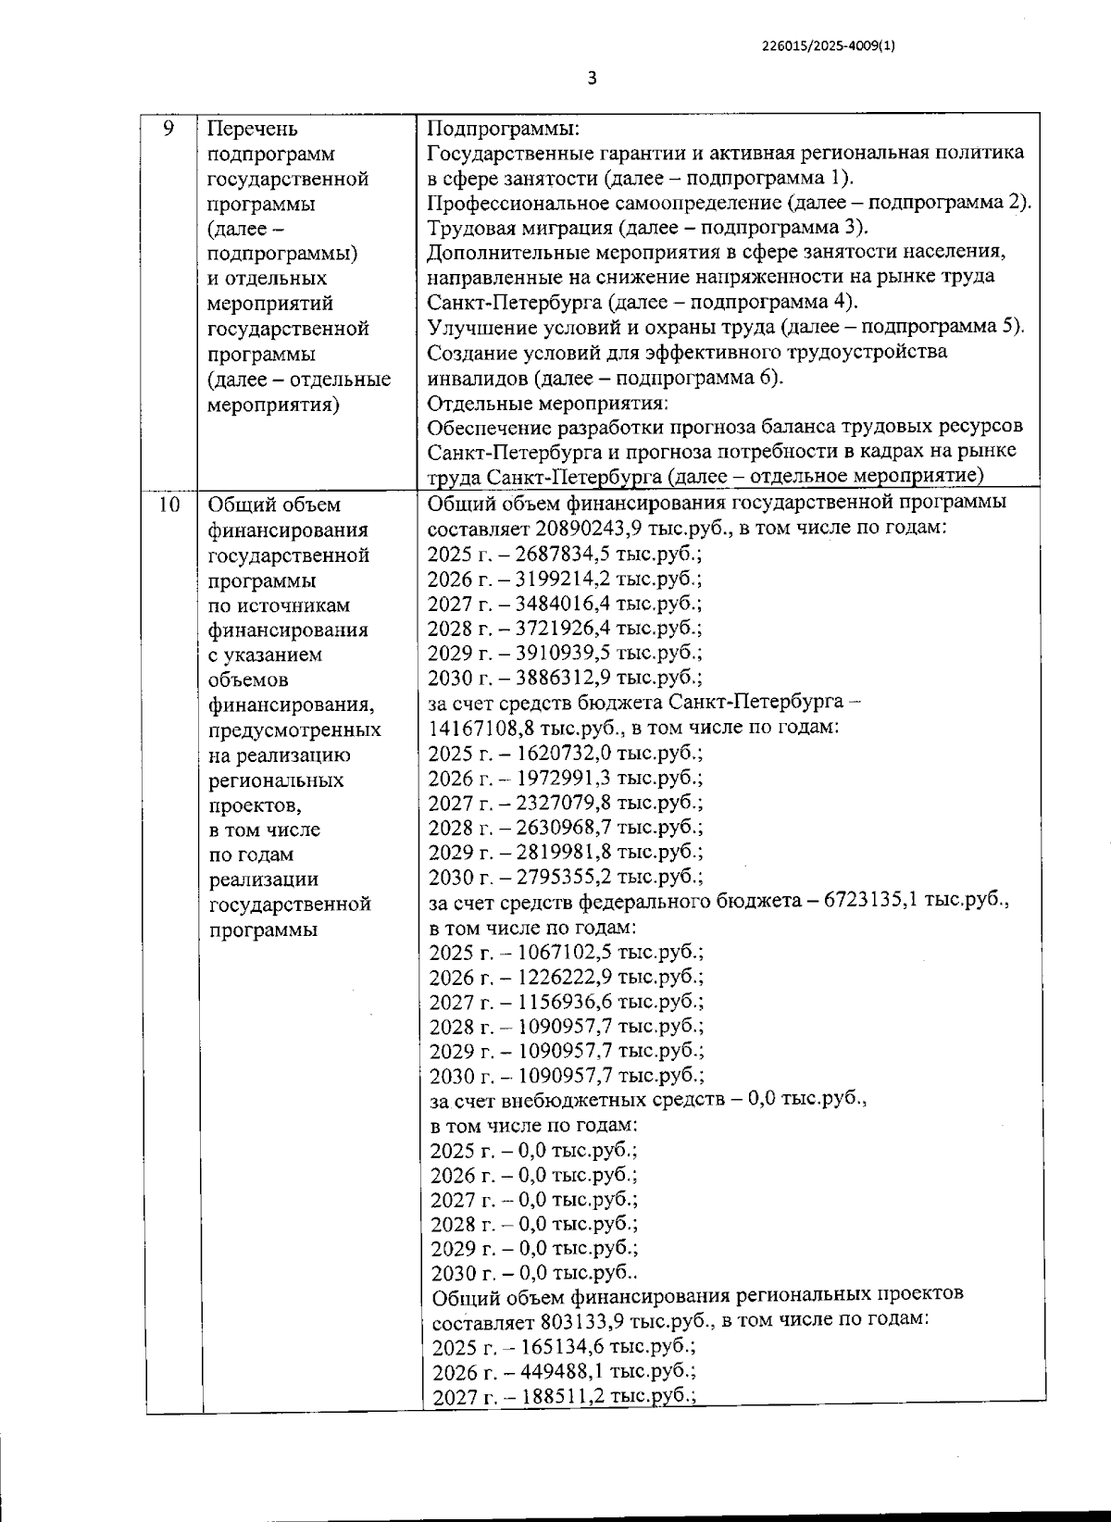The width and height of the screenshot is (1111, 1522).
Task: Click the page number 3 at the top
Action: (593, 79)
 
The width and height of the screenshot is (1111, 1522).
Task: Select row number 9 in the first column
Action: (169, 129)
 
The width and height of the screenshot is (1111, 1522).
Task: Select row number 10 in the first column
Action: (169, 505)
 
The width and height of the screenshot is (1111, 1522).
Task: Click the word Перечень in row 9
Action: (253, 129)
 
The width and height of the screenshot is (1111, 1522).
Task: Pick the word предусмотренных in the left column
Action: (294, 730)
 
